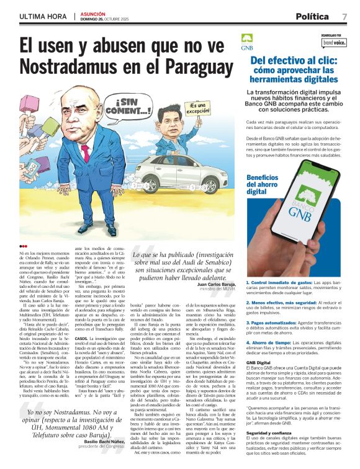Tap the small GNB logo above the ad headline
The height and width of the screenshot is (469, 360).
click(247, 40)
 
